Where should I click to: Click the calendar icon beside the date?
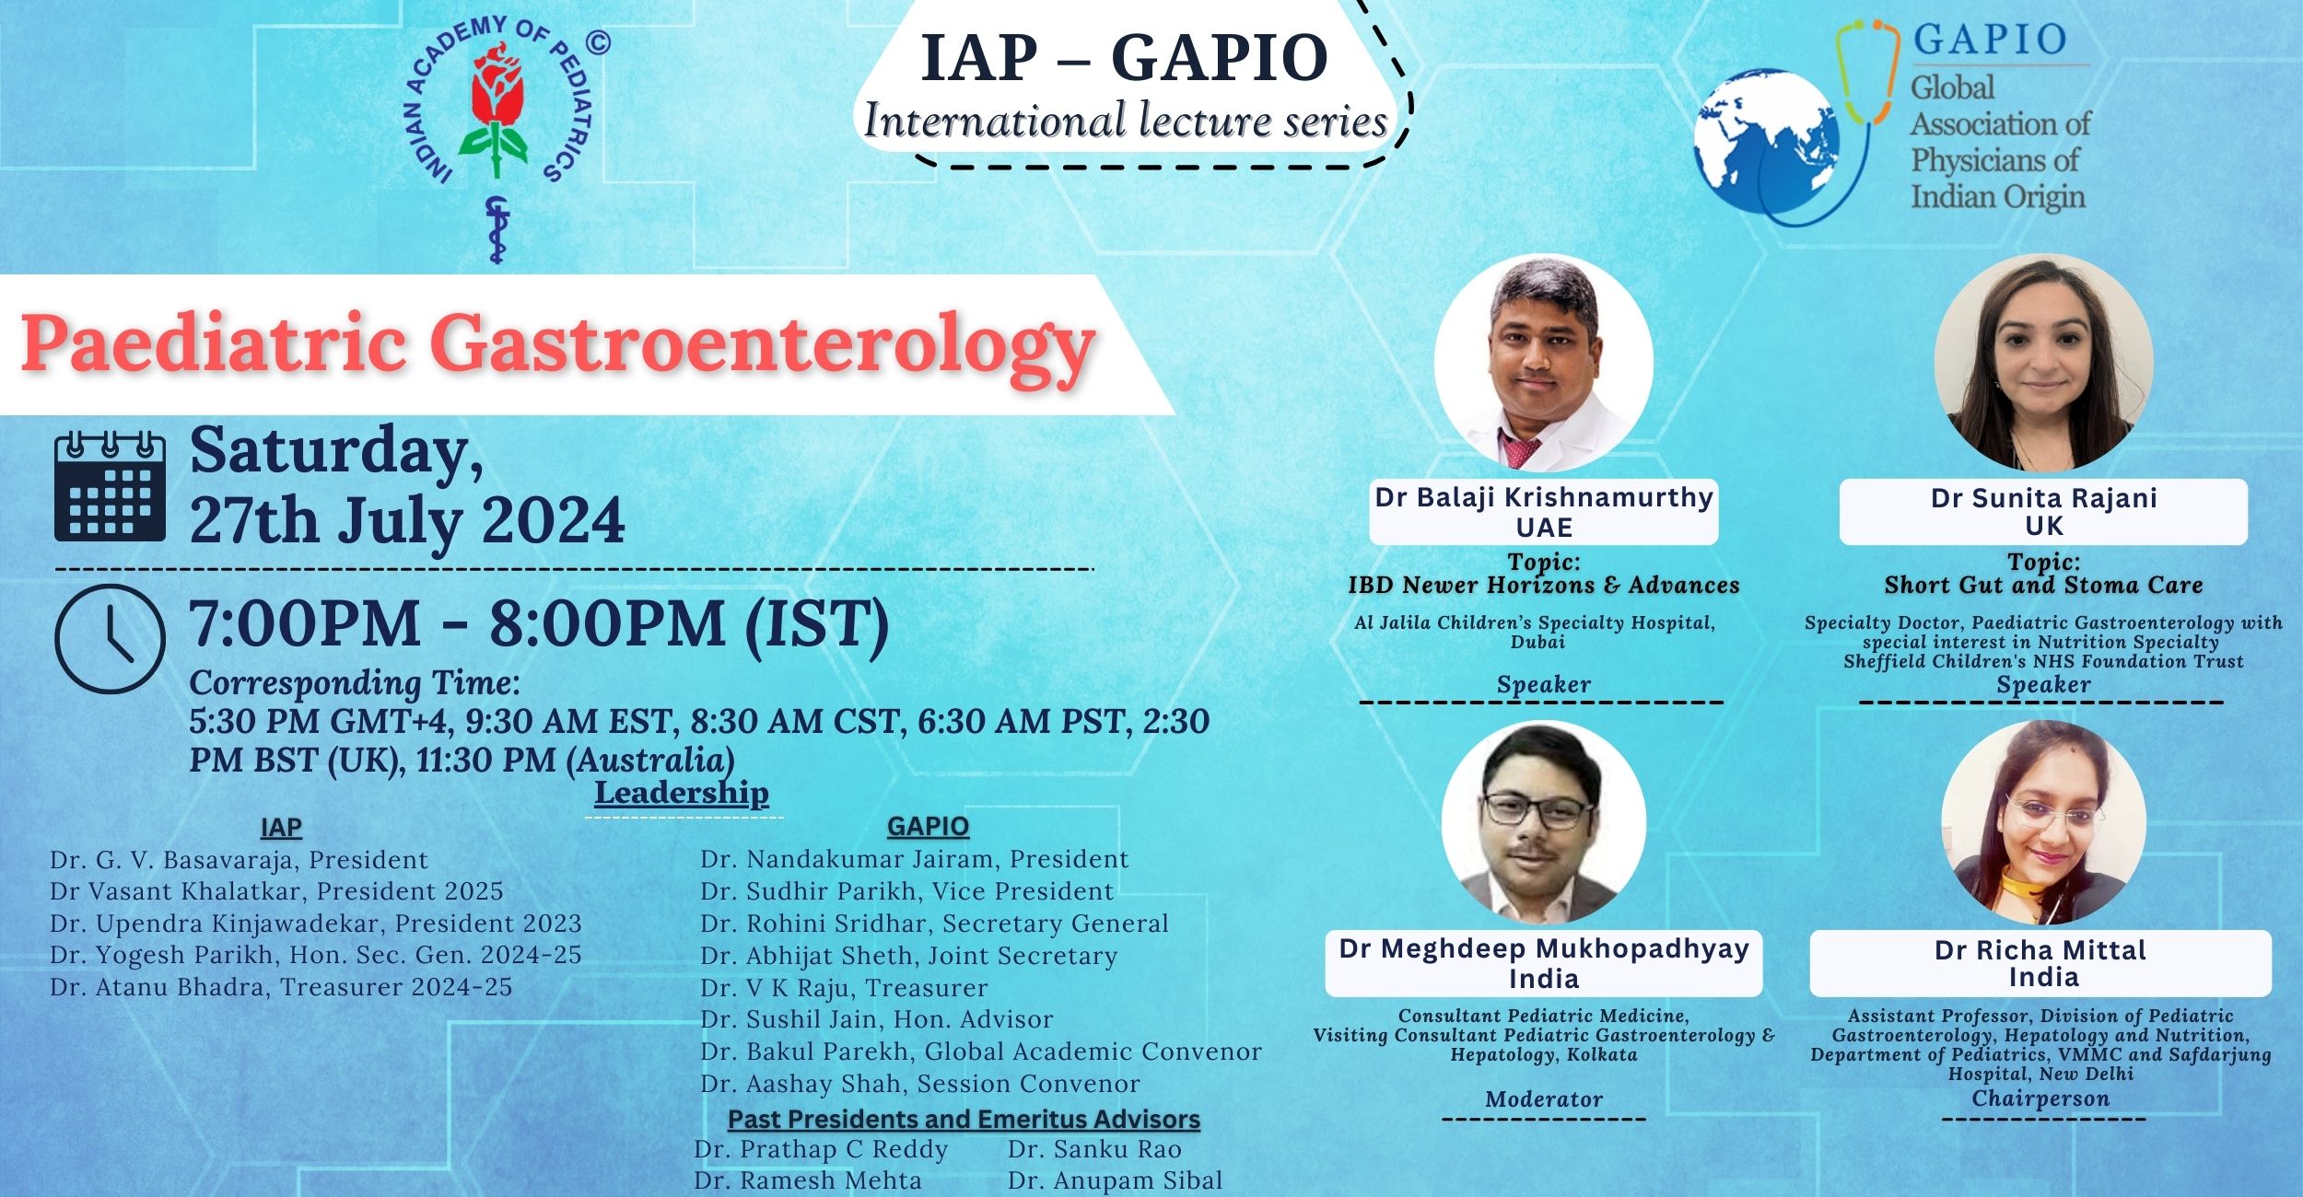[111, 486]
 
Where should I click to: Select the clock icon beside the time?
[110, 637]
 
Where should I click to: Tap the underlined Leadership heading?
[681, 793]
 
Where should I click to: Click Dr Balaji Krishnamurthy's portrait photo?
[1544, 364]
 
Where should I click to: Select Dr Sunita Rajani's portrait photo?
[2044, 363]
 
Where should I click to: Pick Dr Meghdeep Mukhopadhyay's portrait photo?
[1544, 822]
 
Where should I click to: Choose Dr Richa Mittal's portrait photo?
[2044, 822]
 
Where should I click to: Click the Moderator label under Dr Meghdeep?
[1544, 1098]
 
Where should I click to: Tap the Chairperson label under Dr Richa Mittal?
[2040, 1098]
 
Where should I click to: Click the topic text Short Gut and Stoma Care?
[2043, 585]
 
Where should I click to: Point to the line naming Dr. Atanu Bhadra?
[281, 987]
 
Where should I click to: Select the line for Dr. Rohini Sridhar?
[934, 924]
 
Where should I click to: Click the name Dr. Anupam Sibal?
[1115, 1180]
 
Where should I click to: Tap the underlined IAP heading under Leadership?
[281, 828]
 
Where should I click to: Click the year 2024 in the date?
[554, 521]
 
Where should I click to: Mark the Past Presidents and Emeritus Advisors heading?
[964, 1120]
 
